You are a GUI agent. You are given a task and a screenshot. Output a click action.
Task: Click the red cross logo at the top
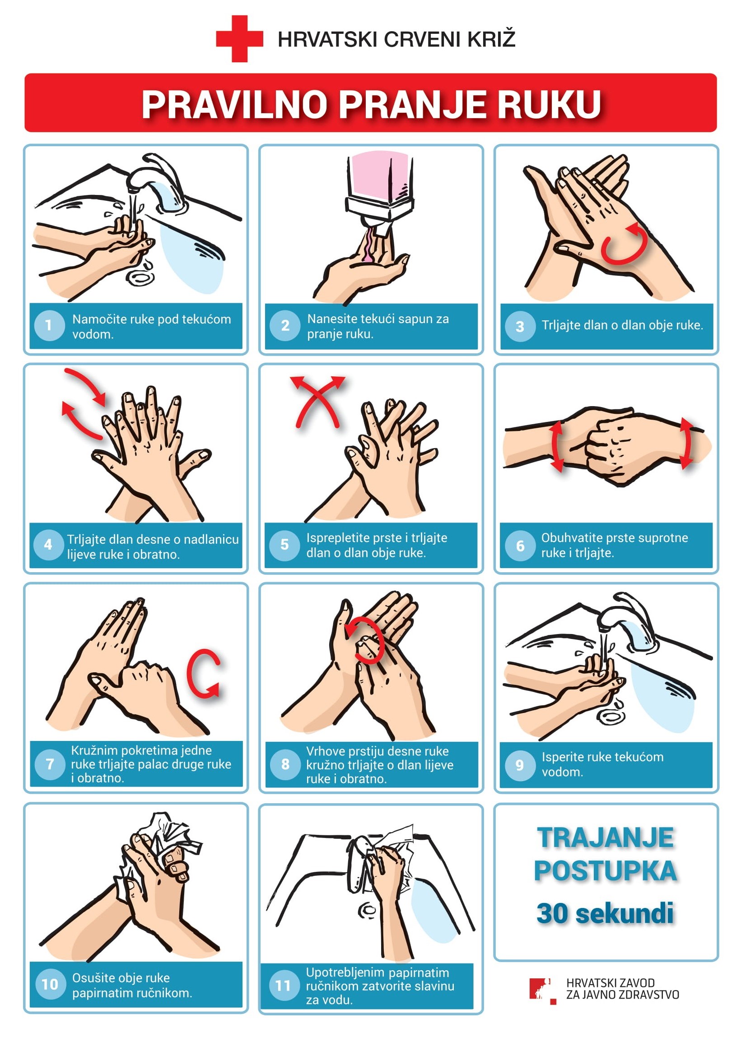[239, 39]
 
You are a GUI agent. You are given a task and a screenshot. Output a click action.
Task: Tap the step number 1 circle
[49, 326]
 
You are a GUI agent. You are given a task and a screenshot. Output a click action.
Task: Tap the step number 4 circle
[48, 545]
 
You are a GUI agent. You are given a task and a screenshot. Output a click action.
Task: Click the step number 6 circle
[520, 546]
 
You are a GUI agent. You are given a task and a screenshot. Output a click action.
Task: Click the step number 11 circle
[284, 986]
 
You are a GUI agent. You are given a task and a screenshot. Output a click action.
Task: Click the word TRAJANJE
[606, 838]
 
